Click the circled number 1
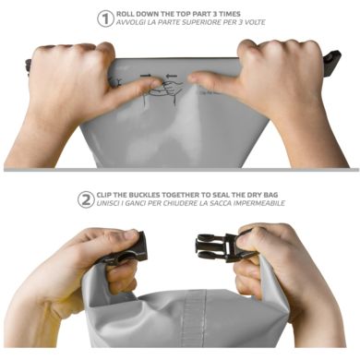[105, 18]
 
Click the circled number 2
[86, 199]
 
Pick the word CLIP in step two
[104, 195]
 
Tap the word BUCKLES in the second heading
[145, 195]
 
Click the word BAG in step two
[270, 195]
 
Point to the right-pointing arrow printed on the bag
[145, 76]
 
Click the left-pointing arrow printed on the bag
[172, 76]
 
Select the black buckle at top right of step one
[331, 62]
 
